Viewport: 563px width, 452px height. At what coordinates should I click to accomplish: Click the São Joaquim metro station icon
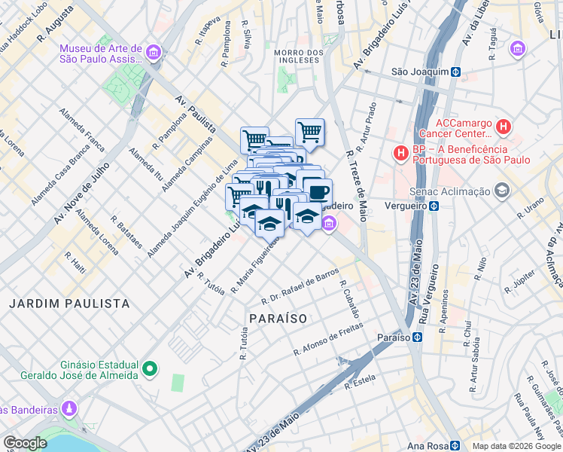(455, 72)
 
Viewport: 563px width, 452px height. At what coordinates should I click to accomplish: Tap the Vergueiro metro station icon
(434, 206)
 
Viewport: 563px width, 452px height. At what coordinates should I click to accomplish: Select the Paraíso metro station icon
(415, 337)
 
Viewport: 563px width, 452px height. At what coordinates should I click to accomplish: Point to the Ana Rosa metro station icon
(455, 445)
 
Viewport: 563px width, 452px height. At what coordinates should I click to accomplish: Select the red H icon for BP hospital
(400, 154)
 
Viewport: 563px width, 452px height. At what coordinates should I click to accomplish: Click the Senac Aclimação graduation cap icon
(501, 192)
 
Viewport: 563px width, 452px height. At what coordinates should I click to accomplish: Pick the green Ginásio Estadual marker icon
(151, 368)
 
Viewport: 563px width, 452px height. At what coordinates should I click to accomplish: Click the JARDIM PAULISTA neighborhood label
(69, 304)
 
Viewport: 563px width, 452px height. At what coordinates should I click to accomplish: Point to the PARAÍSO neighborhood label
(277, 319)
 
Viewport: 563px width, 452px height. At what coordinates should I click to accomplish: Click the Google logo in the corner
(26, 442)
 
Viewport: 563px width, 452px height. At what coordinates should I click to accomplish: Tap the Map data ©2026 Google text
(516, 446)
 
